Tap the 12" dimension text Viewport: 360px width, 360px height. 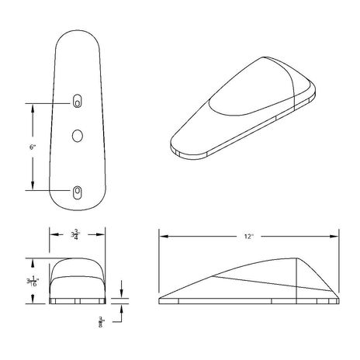coord(249,236)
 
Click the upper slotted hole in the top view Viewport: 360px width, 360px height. coord(78,101)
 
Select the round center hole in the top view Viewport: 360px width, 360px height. coord(78,135)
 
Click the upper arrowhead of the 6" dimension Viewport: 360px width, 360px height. coord(33,106)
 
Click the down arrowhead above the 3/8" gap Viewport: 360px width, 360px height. coord(123,294)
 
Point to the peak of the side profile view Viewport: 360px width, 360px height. coord(296,258)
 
